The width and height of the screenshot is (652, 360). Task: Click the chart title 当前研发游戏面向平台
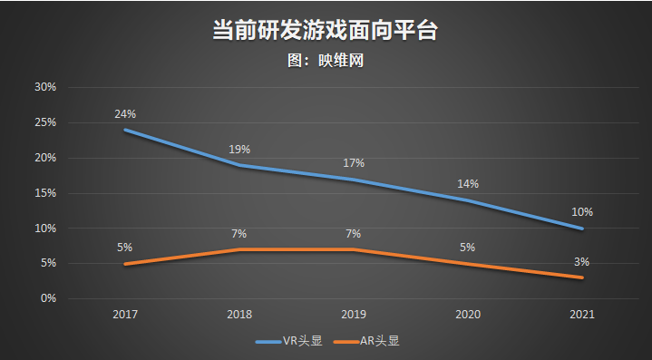click(325, 29)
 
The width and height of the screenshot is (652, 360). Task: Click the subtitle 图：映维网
click(325, 61)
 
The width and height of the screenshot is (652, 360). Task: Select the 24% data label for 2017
click(125, 114)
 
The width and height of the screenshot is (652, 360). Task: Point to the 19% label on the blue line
click(239, 150)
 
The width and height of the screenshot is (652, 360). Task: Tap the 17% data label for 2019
click(354, 163)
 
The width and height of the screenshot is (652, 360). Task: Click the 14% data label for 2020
click(468, 184)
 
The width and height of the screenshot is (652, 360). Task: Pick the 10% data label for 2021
click(582, 212)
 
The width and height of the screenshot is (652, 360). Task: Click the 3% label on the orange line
click(582, 262)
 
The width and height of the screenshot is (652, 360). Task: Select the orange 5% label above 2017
click(125, 248)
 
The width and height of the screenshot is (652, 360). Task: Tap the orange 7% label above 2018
click(239, 233)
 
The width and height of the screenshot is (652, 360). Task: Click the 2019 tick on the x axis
click(354, 314)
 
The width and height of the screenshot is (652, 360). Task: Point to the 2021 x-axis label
click(582, 314)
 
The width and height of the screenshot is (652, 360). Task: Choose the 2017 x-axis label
click(125, 314)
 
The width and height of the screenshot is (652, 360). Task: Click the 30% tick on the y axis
click(45, 87)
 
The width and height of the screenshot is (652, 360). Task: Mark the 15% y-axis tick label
click(45, 193)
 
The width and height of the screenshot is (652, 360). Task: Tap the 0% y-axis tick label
click(48, 298)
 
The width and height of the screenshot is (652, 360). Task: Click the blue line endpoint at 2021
click(582, 228)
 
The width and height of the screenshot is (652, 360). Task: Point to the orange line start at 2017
click(125, 264)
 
